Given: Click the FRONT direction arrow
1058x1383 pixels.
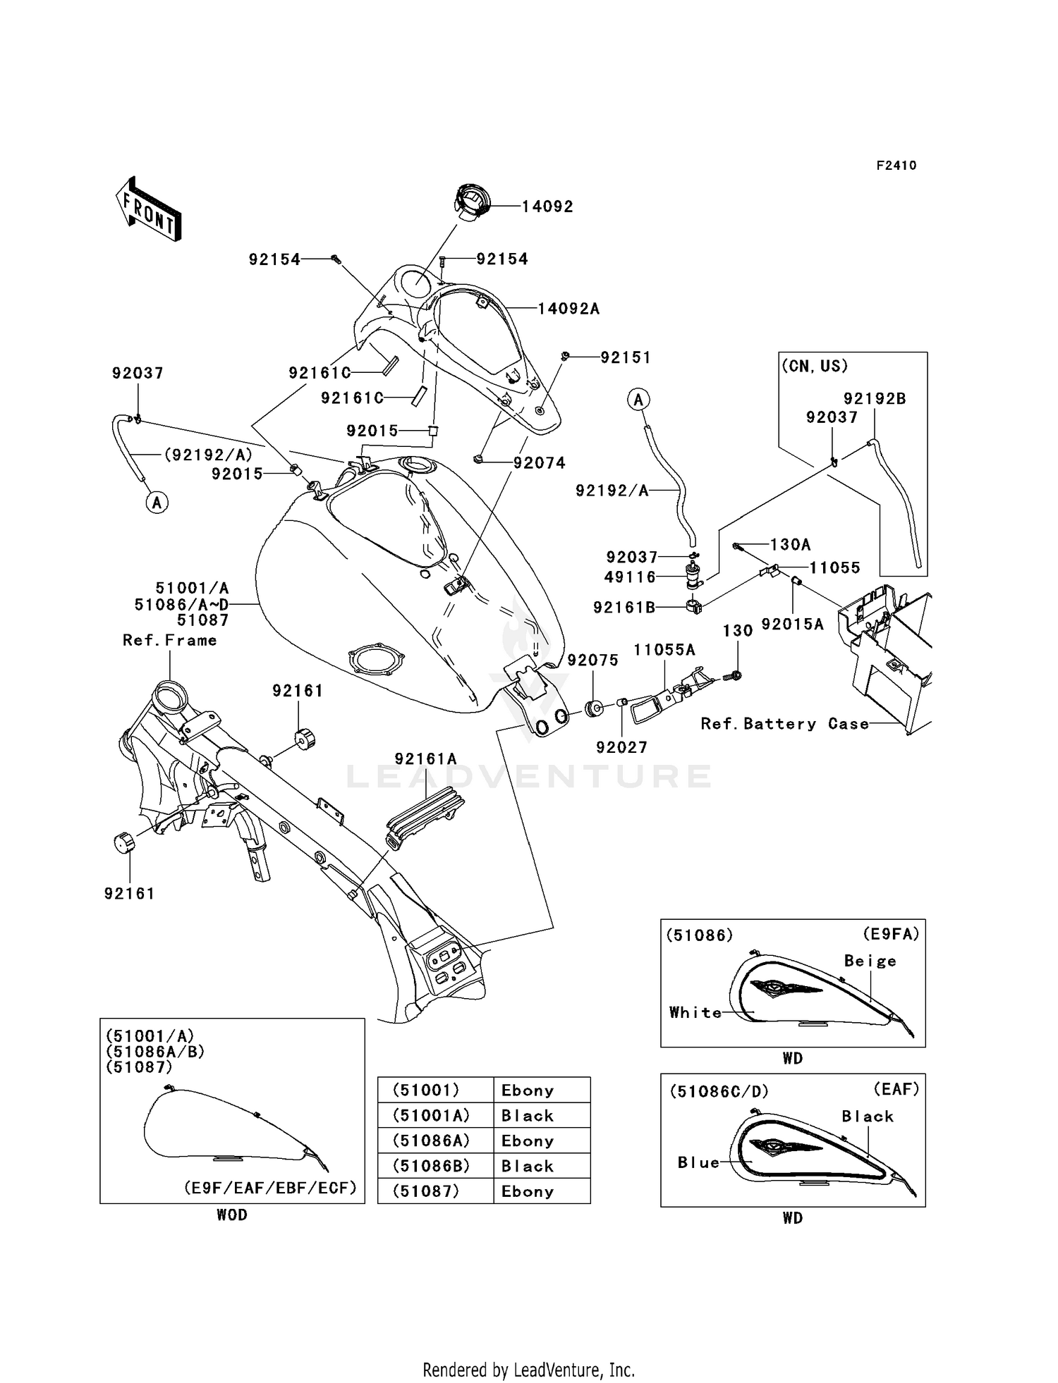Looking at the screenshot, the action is [148, 208].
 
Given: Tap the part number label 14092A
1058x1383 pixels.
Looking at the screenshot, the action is [568, 309].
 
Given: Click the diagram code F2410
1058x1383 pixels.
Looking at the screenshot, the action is [896, 166].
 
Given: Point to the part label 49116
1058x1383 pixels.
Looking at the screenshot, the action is [630, 577].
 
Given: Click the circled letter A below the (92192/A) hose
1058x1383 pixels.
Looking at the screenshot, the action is [157, 503].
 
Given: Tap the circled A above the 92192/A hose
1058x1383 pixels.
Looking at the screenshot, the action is [638, 400].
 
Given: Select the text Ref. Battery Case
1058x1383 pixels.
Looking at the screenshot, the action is [784, 724].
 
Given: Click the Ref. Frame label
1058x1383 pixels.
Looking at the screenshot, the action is [169, 640].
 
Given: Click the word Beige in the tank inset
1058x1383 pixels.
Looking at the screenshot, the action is [870, 961].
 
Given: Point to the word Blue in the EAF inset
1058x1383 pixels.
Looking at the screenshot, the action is [698, 1162].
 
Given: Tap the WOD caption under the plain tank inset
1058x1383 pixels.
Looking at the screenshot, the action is [232, 1215].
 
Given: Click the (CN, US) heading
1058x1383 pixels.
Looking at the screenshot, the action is [815, 366].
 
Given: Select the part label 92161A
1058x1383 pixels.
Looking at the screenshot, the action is [425, 759].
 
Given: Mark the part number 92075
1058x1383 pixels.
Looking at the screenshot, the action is [592, 660].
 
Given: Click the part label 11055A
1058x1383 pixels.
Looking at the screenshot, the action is [664, 650].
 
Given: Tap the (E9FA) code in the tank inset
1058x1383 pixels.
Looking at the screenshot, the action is [891, 934].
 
